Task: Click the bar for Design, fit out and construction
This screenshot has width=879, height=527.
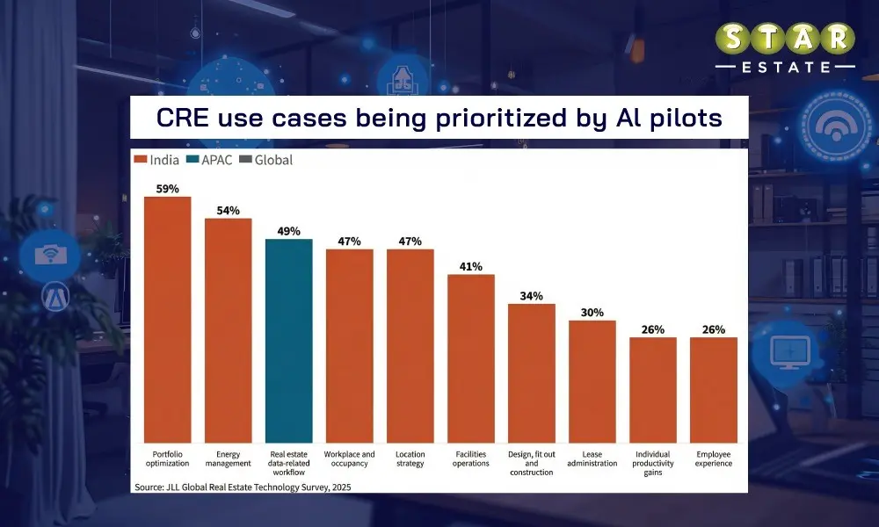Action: pyautogui.click(x=531, y=372)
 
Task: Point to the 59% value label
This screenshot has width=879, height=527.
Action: pyautogui.click(x=167, y=188)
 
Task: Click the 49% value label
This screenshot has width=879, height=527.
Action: pyautogui.click(x=288, y=231)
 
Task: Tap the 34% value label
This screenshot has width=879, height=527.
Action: pyautogui.click(x=531, y=296)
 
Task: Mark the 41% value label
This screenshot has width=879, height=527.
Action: pyautogui.click(x=470, y=267)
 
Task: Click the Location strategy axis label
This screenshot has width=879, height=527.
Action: pyautogui.click(x=410, y=458)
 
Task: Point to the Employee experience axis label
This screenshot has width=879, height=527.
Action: pyautogui.click(x=713, y=458)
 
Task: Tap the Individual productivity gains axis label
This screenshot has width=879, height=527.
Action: pyautogui.click(x=652, y=463)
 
